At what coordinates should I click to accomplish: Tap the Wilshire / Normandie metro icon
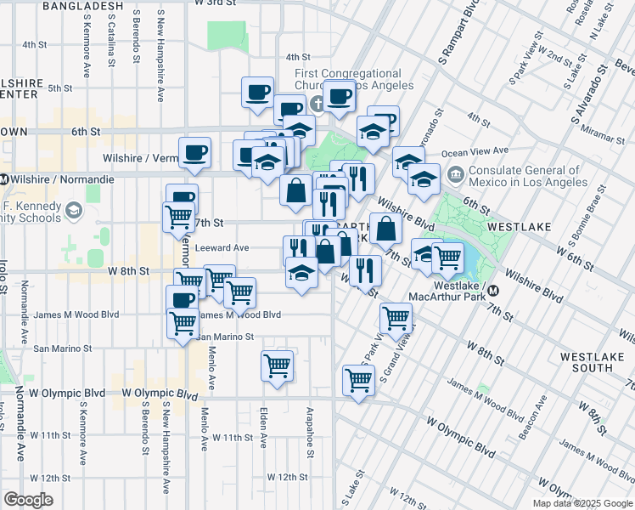click(x=4, y=179)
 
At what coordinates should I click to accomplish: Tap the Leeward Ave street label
click(x=221, y=248)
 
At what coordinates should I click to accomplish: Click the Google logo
click(x=28, y=500)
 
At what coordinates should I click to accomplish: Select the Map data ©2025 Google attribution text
click(x=582, y=504)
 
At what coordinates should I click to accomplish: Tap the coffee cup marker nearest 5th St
click(x=257, y=92)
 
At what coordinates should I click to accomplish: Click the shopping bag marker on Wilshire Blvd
click(x=385, y=227)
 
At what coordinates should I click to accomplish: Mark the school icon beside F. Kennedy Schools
click(x=75, y=210)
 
